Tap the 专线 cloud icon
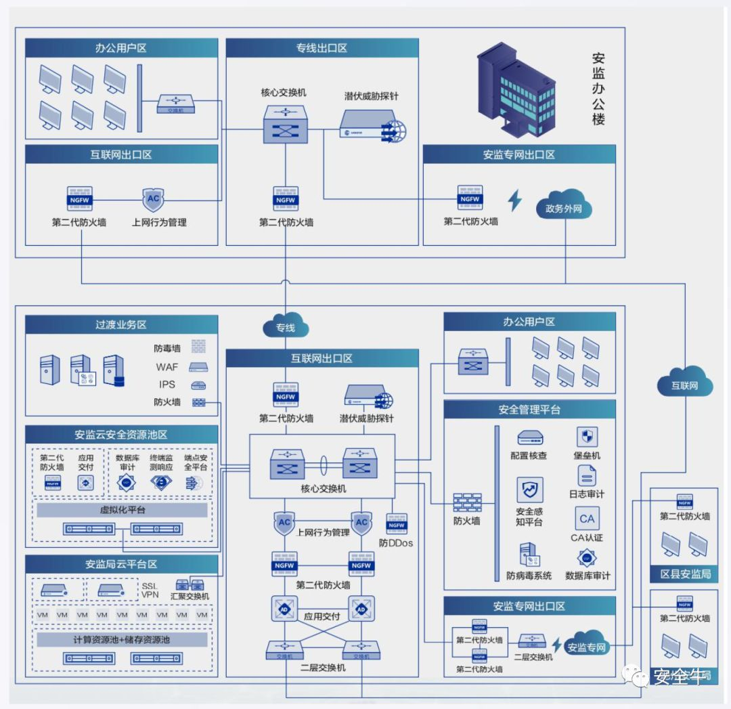click(285, 327)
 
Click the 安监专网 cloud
click(586, 647)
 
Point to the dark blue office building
click(515, 89)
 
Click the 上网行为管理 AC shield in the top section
click(153, 199)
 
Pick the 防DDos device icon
click(396, 525)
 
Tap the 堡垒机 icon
click(586, 437)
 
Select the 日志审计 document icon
click(587, 475)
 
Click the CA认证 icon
click(587, 519)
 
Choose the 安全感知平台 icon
click(529, 490)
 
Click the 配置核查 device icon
click(529, 437)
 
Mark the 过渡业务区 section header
click(121, 324)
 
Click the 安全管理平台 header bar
click(529, 409)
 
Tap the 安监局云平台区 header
click(121, 563)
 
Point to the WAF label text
click(166, 367)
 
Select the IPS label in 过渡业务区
click(166, 384)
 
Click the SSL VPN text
click(150, 591)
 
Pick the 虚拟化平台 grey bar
click(122, 510)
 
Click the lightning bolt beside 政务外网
click(515, 201)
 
